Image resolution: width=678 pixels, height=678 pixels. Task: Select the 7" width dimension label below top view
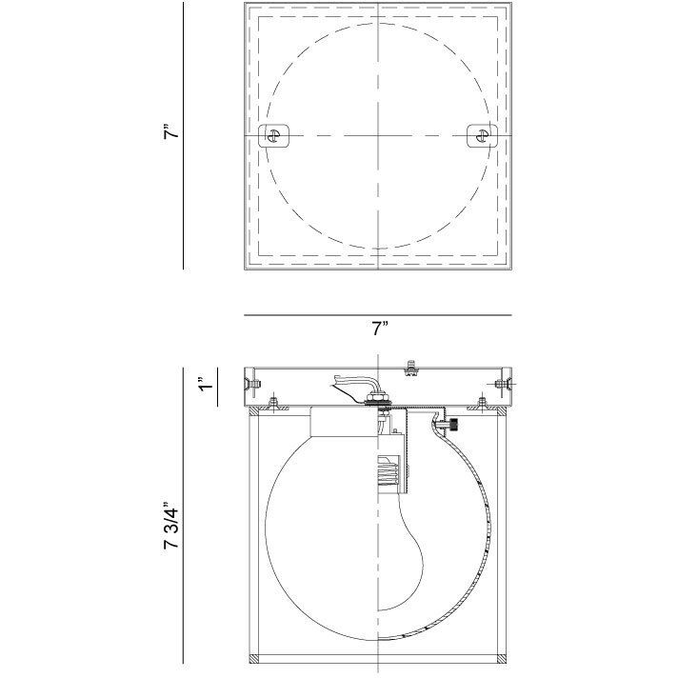point(380,329)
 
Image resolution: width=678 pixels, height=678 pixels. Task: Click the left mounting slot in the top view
point(275,135)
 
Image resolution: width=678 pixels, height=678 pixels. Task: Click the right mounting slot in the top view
point(482,135)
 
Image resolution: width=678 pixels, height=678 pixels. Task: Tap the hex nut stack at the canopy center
point(378,401)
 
